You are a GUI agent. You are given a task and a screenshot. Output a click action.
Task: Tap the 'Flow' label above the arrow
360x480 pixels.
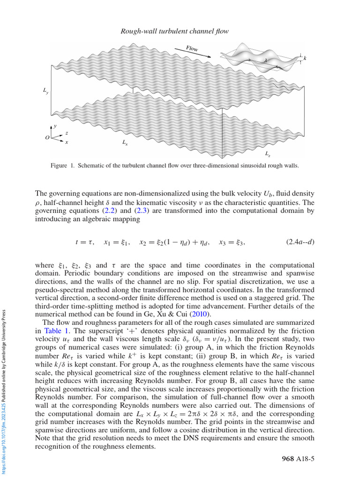pos(192,48)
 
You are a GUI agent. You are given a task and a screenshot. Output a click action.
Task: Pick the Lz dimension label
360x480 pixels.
pos(267,153)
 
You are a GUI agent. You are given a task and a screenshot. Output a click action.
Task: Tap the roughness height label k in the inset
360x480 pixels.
pos(305,58)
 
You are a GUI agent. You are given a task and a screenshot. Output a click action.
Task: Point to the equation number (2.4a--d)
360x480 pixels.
pos(300,242)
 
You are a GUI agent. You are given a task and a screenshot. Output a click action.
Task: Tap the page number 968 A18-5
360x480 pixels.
pos(298,458)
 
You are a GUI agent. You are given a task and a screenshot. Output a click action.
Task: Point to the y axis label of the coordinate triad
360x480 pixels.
pos(55,127)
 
